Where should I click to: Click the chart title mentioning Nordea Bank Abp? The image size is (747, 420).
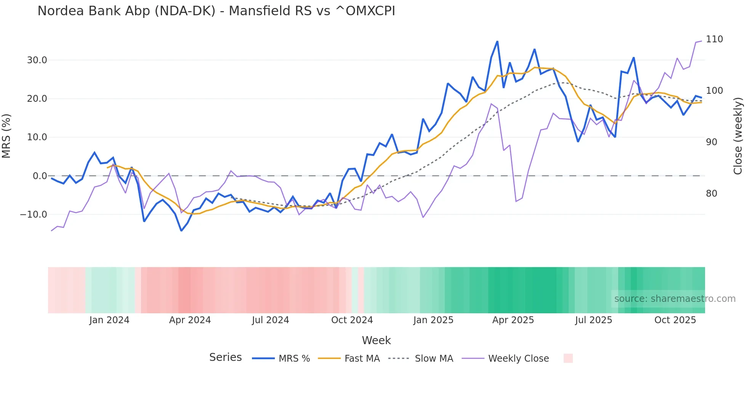click(x=216, y=11)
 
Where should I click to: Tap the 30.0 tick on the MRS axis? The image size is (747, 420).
click(x=37, y=60)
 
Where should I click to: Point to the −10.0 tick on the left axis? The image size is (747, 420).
click(x=34, y=215)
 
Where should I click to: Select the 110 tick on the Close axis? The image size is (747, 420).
click(x=714, y=39)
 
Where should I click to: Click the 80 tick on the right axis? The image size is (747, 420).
click(x=712, y=194)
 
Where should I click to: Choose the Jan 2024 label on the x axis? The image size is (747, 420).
click(x=109, y=320)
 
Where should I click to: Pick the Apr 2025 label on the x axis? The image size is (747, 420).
click(x=513, y=320)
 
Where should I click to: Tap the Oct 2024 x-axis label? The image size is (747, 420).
click(x=352, y=320)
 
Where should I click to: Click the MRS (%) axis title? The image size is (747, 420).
click(x=6, y=136)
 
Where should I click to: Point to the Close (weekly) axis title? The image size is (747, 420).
click(x=738, y=136)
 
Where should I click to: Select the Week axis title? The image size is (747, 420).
click(x=376, y=340)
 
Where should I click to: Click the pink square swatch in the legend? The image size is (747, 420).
click(x=568, y=358)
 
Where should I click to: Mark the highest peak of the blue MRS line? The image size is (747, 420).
click(x=497, y=42)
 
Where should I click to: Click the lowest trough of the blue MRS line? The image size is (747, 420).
click(x=181, y=231)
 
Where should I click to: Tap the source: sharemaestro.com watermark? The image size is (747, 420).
click(x=675, y=299)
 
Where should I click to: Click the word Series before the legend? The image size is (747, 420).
click(x=225, y=357)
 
